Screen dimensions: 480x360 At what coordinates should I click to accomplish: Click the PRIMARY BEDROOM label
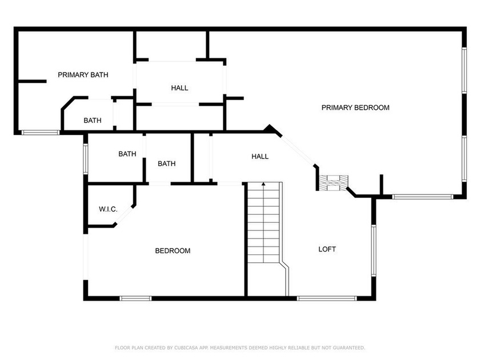pos(355,107)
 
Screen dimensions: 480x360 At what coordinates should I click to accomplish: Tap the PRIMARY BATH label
pos(83,75)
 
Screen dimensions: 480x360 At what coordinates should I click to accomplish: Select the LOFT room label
pos(327,249)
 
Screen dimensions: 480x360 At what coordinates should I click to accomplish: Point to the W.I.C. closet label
pos(108,209)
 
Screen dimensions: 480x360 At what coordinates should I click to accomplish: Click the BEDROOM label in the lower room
pos(173,251)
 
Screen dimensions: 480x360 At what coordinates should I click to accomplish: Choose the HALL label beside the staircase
pos(260,157)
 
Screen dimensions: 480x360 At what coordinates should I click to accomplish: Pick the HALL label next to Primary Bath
pos(179,88)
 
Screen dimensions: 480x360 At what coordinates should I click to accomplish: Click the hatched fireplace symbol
pos(334,183)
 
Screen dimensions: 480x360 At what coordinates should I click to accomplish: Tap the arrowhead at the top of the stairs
pos(263,183)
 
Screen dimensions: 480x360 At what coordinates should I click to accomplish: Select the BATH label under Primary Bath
pos(93,121)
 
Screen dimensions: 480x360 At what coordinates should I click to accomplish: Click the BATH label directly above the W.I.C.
pos(127,154)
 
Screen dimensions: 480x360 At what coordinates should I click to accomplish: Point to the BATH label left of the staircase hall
pos(166,163)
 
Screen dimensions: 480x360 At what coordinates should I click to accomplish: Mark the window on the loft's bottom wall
pos(327,298)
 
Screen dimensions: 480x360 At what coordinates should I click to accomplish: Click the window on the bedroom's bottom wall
pos(135,298)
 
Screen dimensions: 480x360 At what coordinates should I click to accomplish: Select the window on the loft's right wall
pos(374,251)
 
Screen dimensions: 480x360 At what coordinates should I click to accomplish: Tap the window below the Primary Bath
pos(41,133)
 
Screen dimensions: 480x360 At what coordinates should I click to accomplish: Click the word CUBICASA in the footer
pos(186,348)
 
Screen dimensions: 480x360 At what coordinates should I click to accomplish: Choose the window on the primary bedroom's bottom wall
pos(422,197)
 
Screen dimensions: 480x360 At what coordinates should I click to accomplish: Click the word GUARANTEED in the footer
pos(349,348)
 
